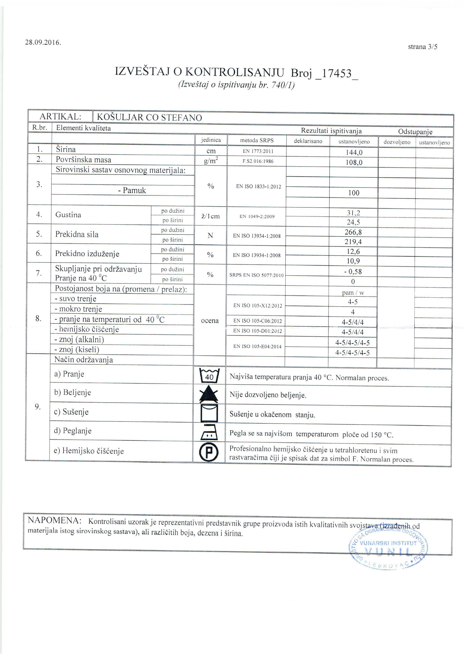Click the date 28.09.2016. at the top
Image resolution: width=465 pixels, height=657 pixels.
pos(43,43)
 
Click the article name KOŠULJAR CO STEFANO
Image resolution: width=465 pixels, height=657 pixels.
pos(149,117)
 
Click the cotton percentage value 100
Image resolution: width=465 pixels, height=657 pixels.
pos(354,193)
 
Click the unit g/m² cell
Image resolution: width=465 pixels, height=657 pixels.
pos(211,161)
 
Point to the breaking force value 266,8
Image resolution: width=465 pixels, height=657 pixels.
pos(353,232)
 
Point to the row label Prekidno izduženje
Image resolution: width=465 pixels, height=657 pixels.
pos(87,254)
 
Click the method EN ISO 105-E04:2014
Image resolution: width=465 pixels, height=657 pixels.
pos(257,347)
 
